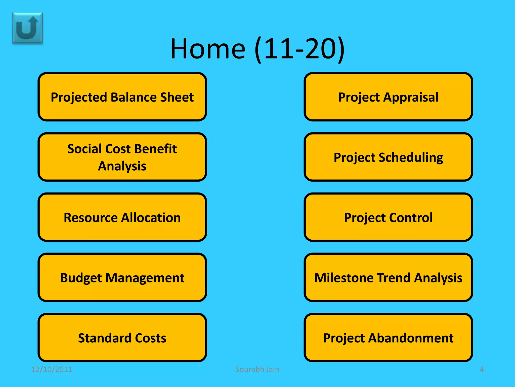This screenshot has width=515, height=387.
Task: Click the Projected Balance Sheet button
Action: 122,97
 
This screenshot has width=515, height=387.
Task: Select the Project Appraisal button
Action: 388,97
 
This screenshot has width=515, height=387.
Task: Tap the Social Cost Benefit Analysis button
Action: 122,157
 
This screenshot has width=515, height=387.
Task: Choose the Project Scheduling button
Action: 388,157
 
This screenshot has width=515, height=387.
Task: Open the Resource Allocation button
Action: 122,217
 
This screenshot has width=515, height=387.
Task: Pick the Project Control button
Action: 388,217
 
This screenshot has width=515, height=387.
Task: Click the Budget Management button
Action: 122,277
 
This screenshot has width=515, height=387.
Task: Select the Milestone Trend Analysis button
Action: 388,277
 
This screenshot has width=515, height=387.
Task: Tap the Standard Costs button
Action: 122,338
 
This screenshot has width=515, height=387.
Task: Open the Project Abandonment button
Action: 388,338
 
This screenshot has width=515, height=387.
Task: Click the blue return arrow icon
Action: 28,28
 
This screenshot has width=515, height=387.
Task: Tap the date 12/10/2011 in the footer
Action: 52,369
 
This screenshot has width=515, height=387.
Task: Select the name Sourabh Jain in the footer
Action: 257,369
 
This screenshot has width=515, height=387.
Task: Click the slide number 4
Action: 482,369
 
